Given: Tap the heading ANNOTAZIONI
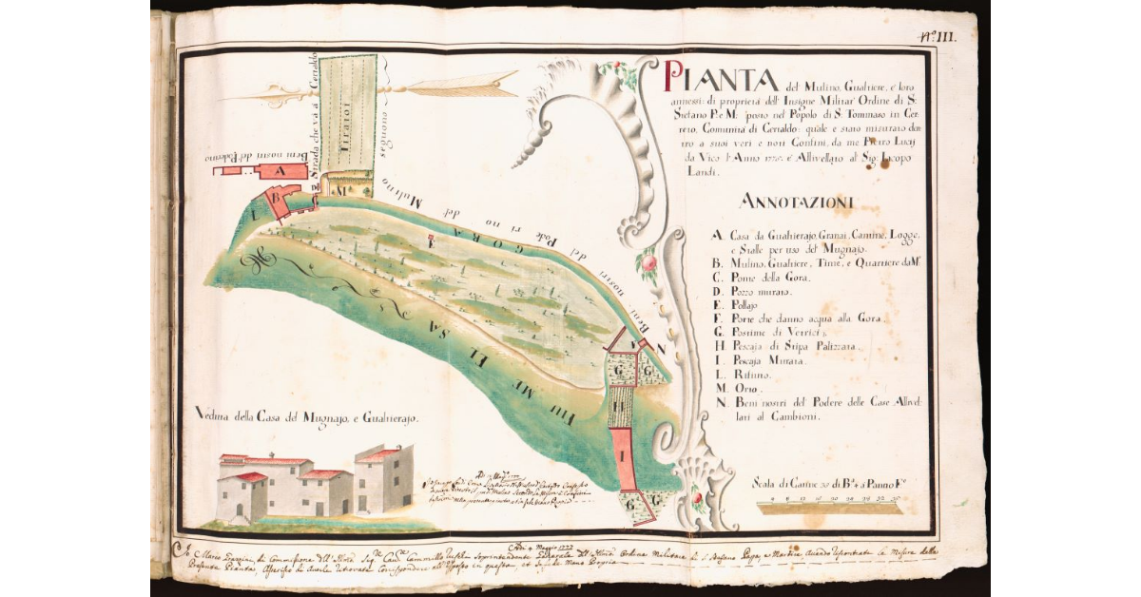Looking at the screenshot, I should [x=796, y=202].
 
